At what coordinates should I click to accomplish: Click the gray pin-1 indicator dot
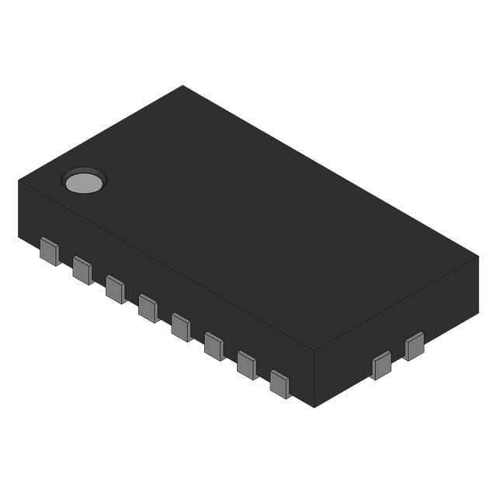[84, 182]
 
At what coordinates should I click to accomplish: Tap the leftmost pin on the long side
[50, 252]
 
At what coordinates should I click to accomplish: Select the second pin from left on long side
[82, 270]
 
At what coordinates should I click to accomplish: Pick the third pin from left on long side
[115, 289]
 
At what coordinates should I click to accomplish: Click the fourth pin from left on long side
[148, 308]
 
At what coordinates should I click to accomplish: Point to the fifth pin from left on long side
[181, 327]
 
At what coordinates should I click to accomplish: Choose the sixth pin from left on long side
[214, 346]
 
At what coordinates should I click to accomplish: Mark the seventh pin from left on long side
[247, 365]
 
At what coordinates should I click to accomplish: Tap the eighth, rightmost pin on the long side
[280, 384]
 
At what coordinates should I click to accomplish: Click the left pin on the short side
[381, 365]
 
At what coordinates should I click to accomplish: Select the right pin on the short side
[414, 346]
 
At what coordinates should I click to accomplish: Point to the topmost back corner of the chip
[183, 85]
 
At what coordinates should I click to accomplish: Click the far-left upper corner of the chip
[18, 181]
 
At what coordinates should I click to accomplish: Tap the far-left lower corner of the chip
[19, 238]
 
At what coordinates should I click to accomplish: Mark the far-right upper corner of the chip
[478, 256]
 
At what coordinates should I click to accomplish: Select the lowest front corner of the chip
[314, 407]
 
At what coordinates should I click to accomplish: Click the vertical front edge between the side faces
[314, 379]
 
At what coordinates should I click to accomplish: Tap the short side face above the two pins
[396, 326]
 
